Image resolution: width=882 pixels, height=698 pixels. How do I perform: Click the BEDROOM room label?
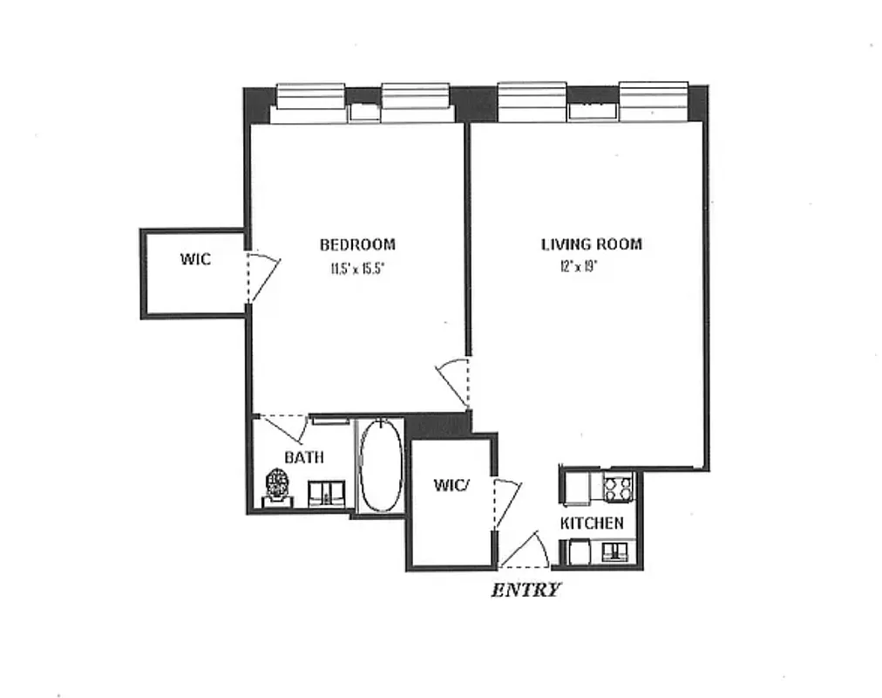pos(357,245)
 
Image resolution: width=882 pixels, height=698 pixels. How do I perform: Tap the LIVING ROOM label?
pos(592,244)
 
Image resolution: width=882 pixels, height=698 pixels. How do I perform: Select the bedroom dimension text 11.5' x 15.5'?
pos(357,269)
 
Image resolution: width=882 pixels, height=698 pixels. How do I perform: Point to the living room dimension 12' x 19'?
pos(579,267)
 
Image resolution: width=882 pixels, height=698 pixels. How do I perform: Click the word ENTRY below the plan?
pos(526,590)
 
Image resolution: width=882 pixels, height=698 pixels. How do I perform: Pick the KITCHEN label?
pos(592,523)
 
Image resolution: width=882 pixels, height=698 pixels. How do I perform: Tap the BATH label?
pos(304,457)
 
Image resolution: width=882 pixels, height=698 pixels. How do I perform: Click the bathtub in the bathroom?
pos(381,467)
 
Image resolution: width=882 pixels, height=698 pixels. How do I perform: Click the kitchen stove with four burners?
pos(618,488)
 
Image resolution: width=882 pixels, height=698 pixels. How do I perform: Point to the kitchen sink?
pos(617,551)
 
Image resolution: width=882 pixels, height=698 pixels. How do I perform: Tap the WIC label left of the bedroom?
pos(195,259)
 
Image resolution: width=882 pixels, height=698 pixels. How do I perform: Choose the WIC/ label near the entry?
pos(451,485)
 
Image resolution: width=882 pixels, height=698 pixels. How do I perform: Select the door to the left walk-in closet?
pos(263,276)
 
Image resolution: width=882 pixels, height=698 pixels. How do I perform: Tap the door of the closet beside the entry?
pos(506,502)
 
